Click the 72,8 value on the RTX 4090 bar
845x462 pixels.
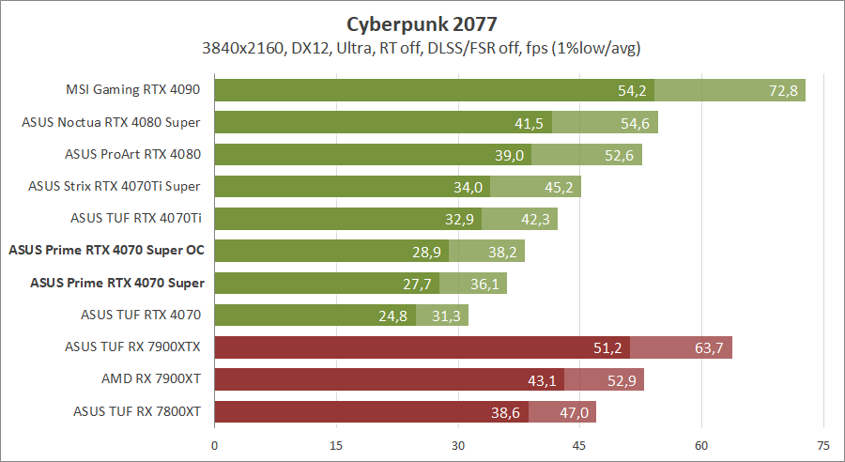[781, 91]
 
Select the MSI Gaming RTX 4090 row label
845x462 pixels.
[134, 90]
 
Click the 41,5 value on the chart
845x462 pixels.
[530, 123]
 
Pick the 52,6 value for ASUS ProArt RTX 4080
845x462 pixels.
[620, 155]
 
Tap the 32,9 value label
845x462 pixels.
[460, 219]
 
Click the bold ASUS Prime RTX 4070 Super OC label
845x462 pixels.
[106, 250]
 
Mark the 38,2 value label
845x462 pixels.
[502, 251]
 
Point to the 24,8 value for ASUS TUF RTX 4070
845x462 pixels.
[394, 316]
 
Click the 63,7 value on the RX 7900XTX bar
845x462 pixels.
[710, 347]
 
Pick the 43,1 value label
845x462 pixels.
[543, 379]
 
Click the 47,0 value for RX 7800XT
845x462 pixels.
[574, 411]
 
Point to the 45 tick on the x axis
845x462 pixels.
[579, 446]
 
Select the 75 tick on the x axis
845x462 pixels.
[822, 446]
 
